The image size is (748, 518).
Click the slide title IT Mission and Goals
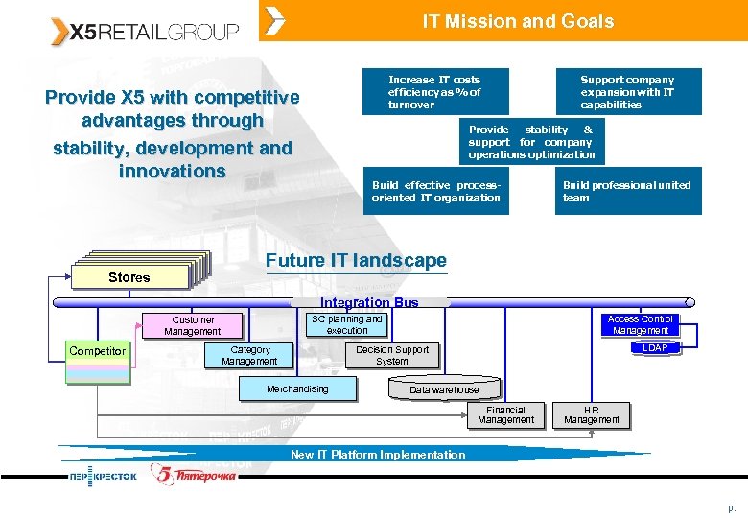coord(518,21)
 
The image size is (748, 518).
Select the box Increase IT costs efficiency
coord(434,92)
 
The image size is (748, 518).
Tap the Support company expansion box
coord(627,92)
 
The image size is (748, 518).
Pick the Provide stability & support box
coord(531,141)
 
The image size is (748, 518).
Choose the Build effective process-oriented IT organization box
coord(436,191)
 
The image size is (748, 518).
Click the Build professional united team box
coord(627,191)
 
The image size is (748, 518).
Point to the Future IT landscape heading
coord(356,261)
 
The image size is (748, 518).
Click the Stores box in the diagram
coord(129,277)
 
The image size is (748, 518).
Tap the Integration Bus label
coord(369,302)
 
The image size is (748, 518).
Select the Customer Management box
coord(193,325)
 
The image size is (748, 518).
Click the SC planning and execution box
coord(346,324)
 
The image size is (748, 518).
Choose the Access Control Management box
coord(641,324)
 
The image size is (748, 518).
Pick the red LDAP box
coord(656,348)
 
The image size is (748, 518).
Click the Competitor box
coord(97,351)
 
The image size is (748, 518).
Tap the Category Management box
coord(249,356)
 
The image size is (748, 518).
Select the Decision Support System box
coord(392,356)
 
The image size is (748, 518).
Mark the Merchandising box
coord(297,388)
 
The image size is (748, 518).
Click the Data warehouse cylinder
coord(444,389)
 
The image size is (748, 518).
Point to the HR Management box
coord(592,414)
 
